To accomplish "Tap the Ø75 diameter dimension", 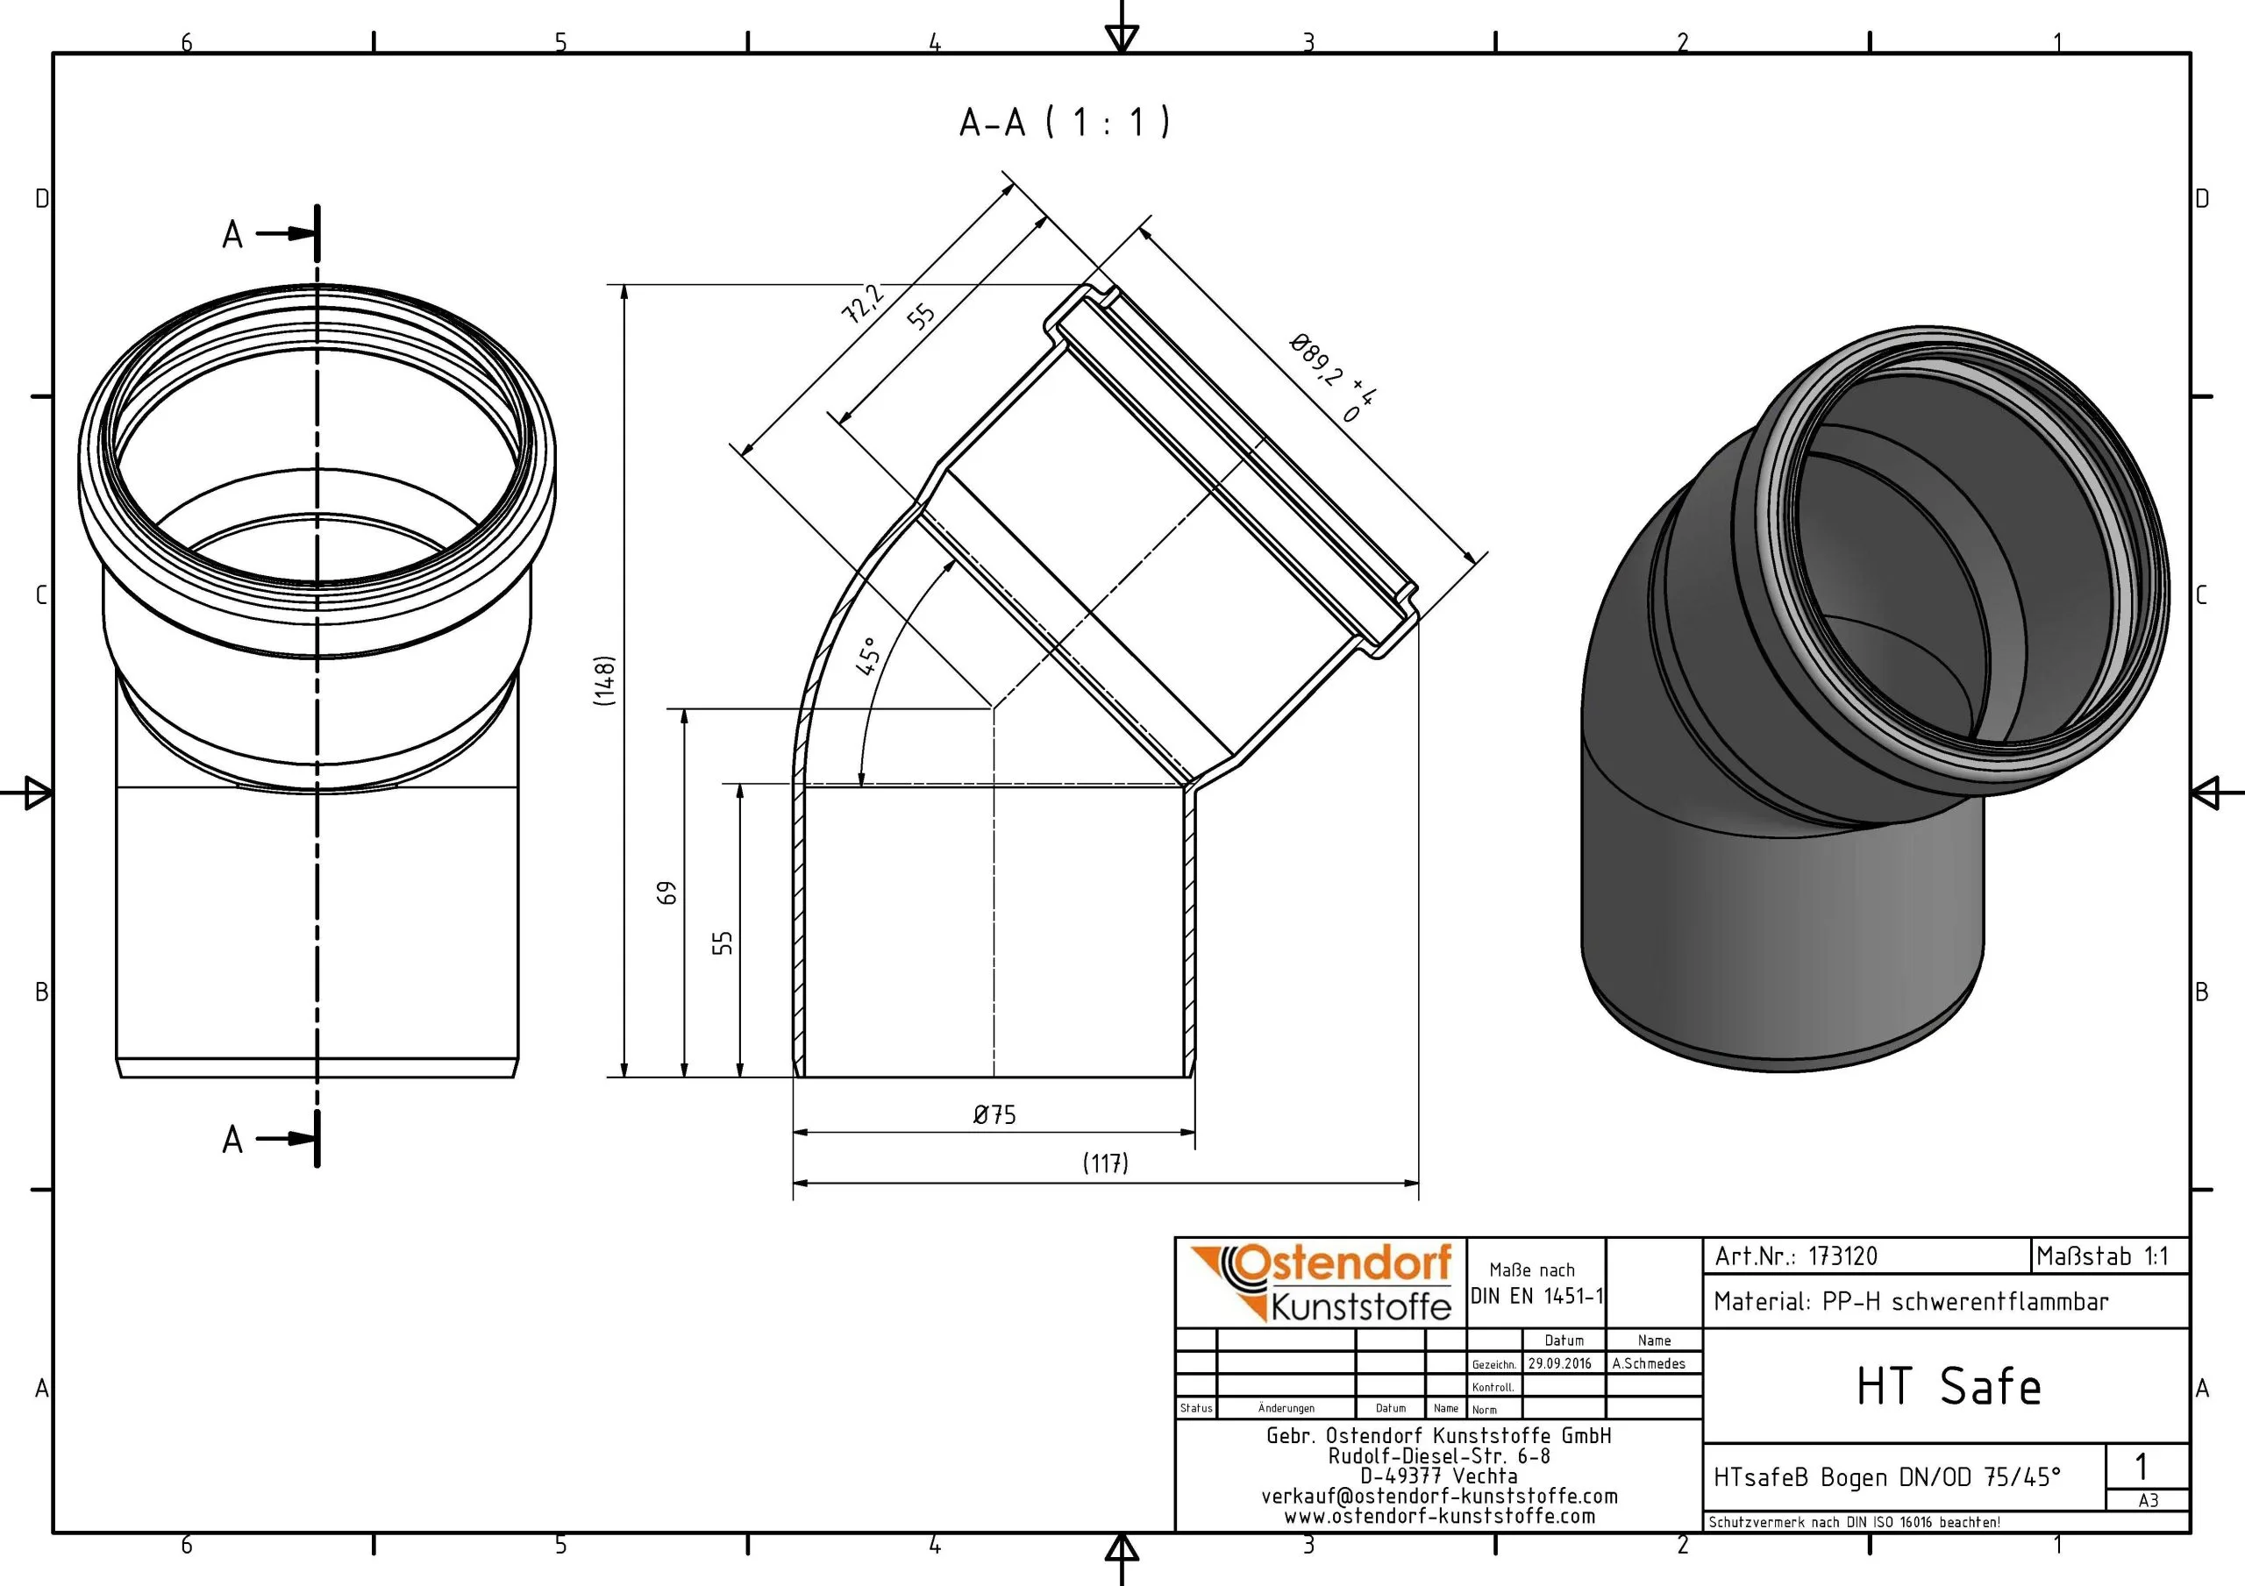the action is point(994,1114).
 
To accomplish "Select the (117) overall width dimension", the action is point(1105,1163).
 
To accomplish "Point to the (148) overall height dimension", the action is point(605,680).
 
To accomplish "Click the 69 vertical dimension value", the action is point(666,893).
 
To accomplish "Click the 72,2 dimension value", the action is point(862,304).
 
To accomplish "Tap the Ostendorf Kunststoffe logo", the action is point(1321,1282).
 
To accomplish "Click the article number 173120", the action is point(1842,1256).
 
